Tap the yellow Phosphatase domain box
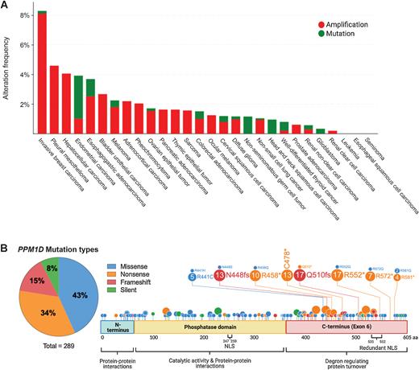pos(209,327)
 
